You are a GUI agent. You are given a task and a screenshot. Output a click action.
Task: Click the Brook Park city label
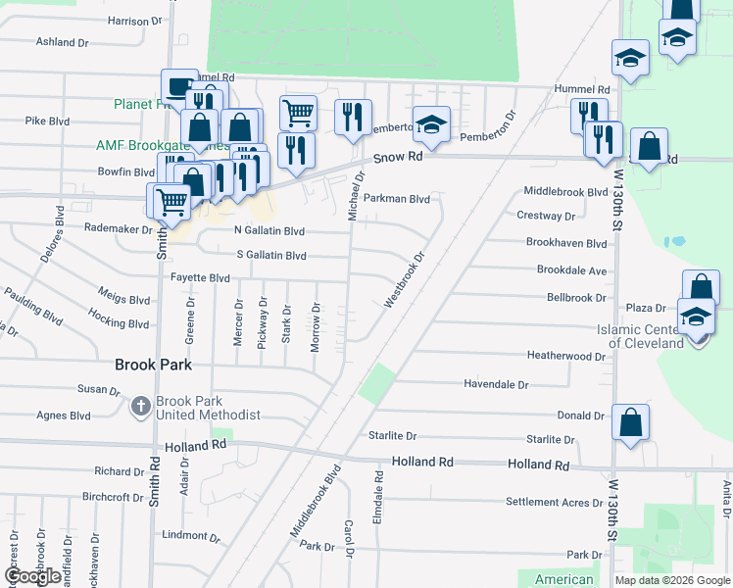point(152,365)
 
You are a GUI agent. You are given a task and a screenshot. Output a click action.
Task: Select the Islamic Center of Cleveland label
point(646,336)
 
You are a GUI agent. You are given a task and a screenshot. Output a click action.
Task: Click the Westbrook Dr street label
point(405,281)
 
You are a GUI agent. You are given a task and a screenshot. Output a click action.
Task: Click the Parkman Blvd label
point(397,198)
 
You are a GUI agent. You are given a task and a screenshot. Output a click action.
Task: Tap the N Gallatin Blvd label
point(269,230)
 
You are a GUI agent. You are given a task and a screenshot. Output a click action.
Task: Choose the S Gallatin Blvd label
point(271,255)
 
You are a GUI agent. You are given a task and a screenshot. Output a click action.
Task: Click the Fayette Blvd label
point(200,278)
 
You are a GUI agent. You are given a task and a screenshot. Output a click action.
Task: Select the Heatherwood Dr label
point(565,356)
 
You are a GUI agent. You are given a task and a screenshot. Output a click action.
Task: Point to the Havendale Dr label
point(496,385)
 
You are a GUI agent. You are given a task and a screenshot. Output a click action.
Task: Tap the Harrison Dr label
point(134,21)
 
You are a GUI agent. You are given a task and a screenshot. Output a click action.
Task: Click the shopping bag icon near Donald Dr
point(631,423)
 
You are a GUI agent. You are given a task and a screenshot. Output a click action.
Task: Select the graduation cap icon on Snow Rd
point(430,123)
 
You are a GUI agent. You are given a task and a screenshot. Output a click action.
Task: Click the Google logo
point(32,576)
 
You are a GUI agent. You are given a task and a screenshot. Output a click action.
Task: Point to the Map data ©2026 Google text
point(671,580)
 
